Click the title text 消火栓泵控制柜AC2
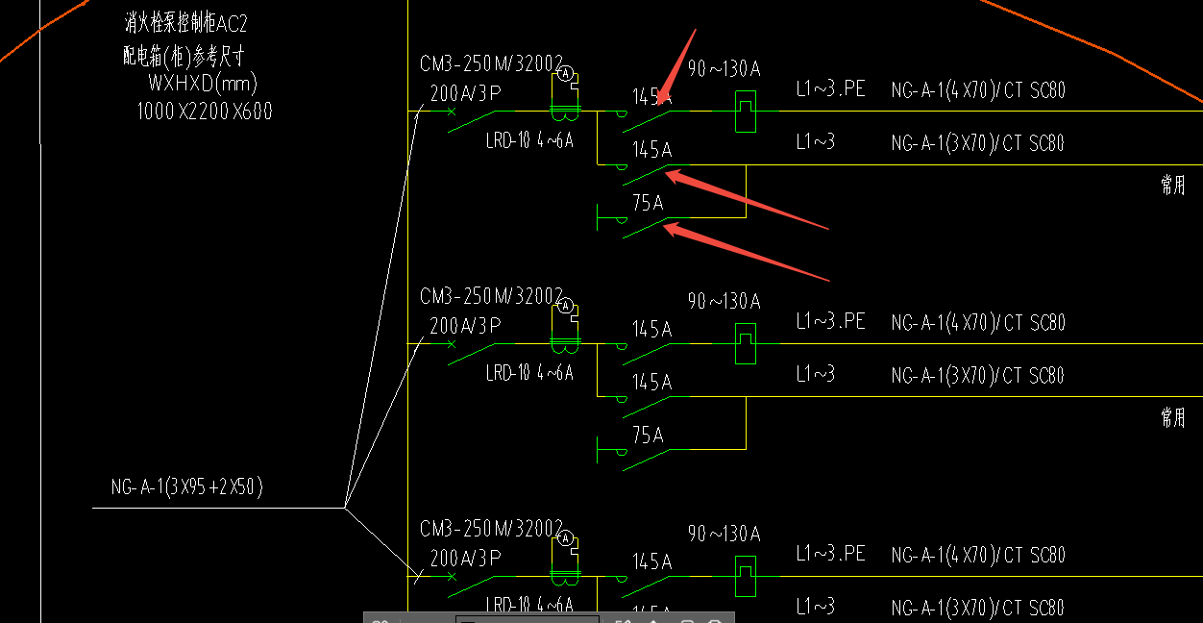coord(185,24)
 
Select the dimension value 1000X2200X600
coord(205,112)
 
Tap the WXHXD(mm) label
coord(203,83)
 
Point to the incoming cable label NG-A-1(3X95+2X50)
coord(187,487)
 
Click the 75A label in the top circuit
coord(648,203)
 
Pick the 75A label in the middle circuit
coord(648,436)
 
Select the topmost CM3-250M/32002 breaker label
coord(491,63)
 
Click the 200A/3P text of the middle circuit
coord(465,326)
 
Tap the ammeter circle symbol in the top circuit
coord(566,73)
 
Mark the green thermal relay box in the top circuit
coord(745,112)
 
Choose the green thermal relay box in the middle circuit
coord(745,344)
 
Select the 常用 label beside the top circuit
coord(1172,186)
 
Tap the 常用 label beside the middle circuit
coord(1172,417)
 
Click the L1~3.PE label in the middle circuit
coord(830,321)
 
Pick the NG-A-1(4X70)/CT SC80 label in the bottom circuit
coord(978,555)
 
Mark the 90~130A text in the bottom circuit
coord(724,534)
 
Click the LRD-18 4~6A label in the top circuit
coord(529,141)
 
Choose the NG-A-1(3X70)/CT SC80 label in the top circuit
coord(978,143)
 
